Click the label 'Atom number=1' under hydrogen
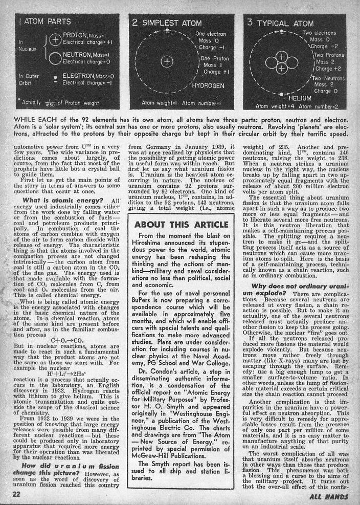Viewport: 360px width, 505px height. point(205,106)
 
